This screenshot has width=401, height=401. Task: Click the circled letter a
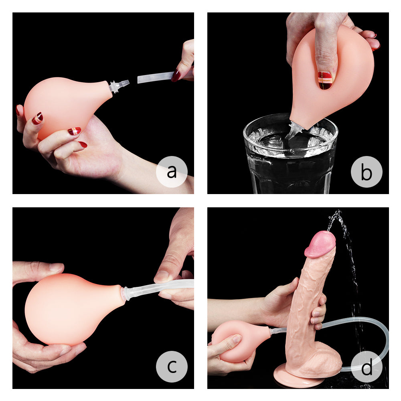[172, 172]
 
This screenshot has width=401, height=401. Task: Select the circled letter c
[172, 367]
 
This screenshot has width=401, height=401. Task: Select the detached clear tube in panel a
[154, 77]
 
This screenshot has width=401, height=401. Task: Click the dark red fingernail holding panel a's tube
[176, 75]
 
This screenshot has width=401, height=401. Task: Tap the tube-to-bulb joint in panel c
[126, 293]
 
